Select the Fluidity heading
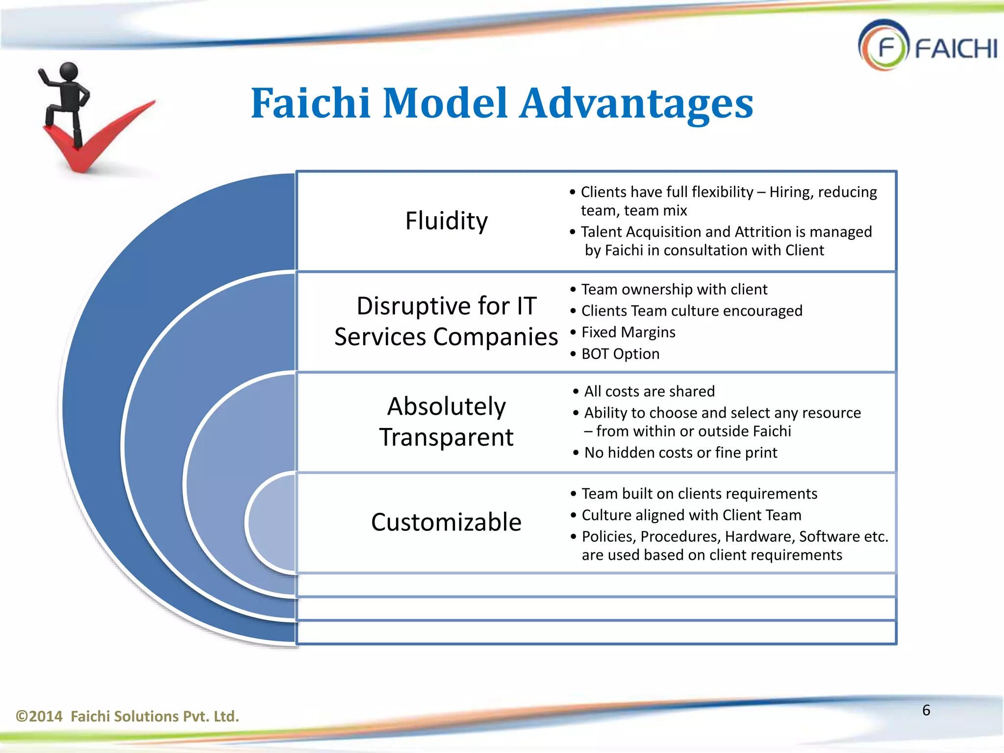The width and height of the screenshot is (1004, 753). click(x=446, y=221)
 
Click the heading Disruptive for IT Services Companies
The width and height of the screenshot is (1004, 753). click(x=446, y=321)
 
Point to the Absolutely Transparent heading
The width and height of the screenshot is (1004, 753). click(x=446, y=422)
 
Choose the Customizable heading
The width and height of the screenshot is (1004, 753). click(x=446, y=522)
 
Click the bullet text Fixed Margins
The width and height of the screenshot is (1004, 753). click(x=628, y=332)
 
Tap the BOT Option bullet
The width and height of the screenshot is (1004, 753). click(x=620, y=354)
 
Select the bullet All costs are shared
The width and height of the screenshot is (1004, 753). click(x=649, y=391)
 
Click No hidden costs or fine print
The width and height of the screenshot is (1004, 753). click(x=680, y=452)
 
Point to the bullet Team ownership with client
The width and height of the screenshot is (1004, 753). click(x=674, y=289)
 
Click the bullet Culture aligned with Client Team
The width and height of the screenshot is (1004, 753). click(x=691, y=515)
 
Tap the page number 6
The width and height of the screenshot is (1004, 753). click(x=926, y=710)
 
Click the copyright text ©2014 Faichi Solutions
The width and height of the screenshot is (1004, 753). click(x=127, y=716)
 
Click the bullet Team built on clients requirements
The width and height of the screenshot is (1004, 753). click(x=699, y=494)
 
